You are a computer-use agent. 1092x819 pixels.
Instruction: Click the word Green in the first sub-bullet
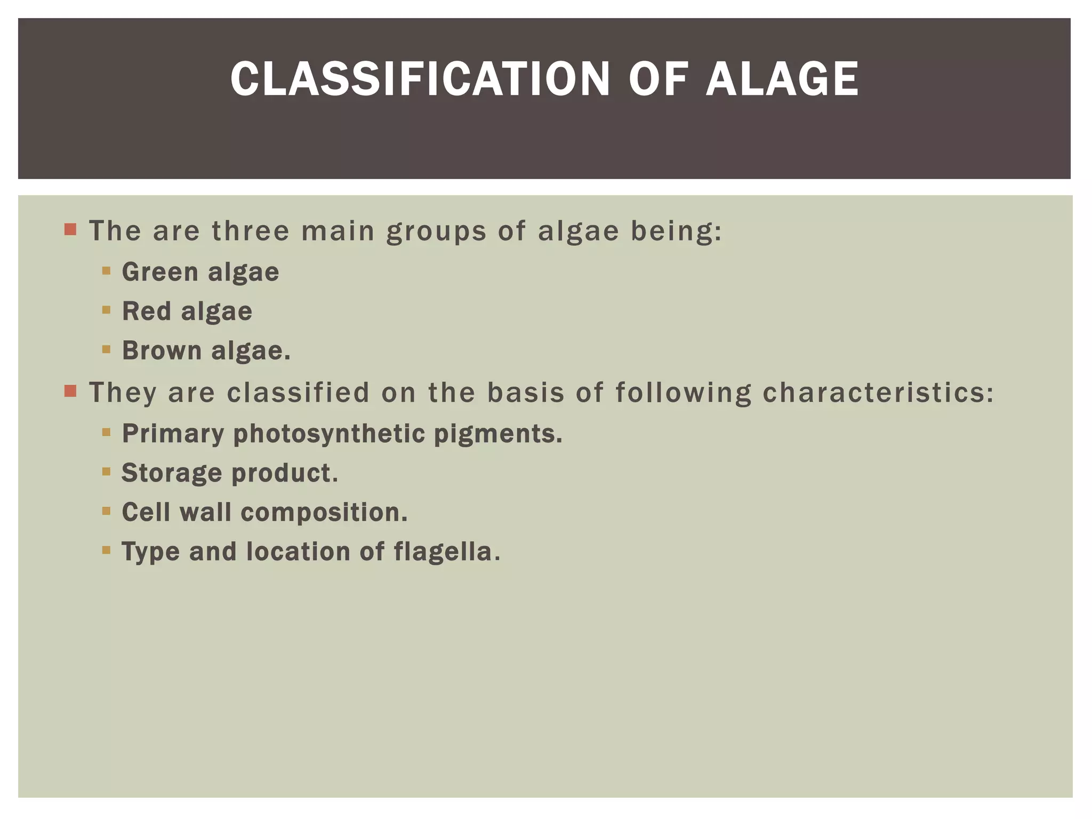click(160, 272)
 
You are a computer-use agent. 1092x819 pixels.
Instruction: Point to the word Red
click(147, 311)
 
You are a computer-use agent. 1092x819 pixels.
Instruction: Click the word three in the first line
click(251, 231)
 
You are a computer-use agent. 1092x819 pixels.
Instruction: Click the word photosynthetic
click(328, 434)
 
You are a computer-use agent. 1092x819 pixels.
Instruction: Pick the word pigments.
click(498, 434)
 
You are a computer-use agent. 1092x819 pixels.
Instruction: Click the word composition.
click(324, 513)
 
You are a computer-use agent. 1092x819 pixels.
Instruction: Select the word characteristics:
click(878, 394)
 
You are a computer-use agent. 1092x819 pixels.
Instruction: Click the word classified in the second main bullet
click(298, 392)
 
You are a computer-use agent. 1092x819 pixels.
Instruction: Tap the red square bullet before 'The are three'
click(70, 230)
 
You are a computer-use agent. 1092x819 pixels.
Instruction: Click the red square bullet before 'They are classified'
click(70, 391)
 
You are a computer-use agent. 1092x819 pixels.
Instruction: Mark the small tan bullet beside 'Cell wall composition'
click(106, 511)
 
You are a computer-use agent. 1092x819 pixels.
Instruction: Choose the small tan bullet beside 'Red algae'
click(106, 309)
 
